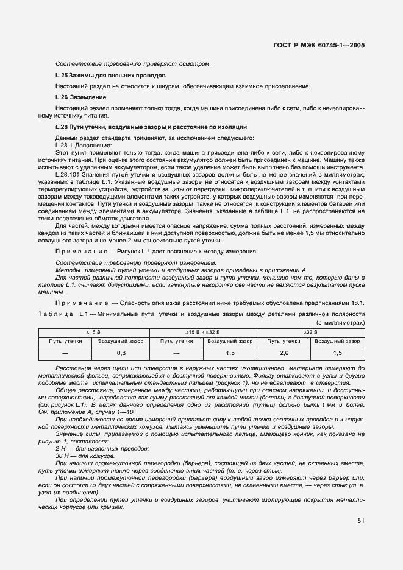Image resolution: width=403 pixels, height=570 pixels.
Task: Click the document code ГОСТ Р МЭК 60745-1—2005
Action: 321,46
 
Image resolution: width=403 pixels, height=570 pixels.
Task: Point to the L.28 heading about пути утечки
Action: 151,127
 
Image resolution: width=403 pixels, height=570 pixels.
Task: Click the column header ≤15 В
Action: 93,331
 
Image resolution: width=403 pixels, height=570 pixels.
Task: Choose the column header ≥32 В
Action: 310,331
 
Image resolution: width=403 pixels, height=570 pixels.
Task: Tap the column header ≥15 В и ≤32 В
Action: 202,331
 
